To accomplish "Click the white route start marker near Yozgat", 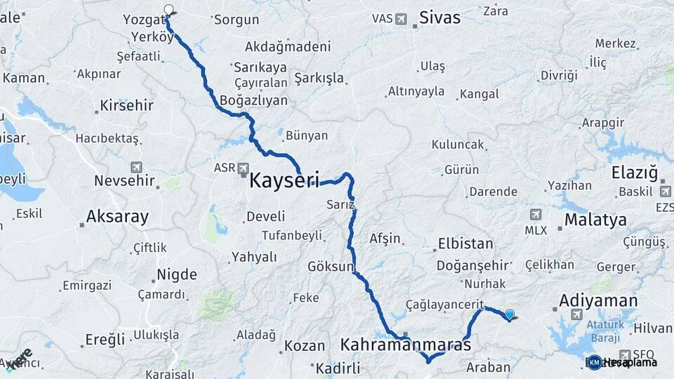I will [x=168, y=10].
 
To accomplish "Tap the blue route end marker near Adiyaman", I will [x=509, y=315].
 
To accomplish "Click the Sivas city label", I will [x=440, y=18].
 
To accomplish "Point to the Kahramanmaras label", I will [x=406, y=345].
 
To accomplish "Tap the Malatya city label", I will [x=595, y=220].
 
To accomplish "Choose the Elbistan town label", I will [x=465, y=245].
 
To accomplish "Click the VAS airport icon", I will [x=401, y=18].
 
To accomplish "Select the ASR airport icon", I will [x=243, y=168].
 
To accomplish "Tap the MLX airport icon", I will [x=536, y=215].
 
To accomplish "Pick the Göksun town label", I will [x=331, y=267].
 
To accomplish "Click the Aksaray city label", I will [x=117, y=217].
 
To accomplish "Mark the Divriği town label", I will [x=559, y=75].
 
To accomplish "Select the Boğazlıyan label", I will [x=253, y=100].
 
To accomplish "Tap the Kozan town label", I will [x=305, y=346].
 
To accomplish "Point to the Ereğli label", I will [x=105, y=340].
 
